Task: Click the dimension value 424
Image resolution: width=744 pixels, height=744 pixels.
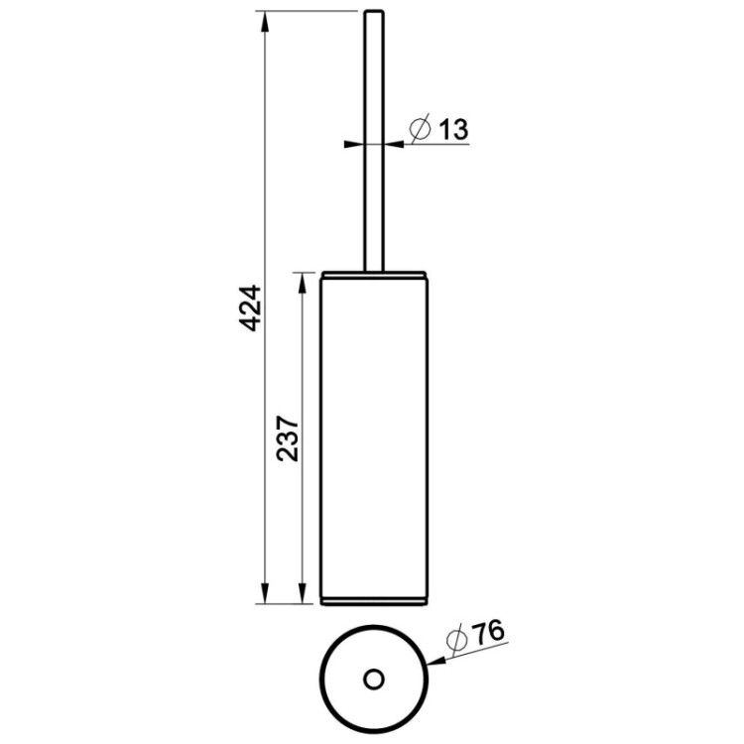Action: (x=250, y=308)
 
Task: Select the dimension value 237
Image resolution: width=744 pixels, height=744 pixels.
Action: (x=288, y=438)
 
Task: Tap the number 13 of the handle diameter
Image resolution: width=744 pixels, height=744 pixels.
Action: (x=452, y=129)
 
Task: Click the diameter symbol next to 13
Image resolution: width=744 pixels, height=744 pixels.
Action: (x=420, y=128)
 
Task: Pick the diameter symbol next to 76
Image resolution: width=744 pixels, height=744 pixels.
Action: (x=457, y=640)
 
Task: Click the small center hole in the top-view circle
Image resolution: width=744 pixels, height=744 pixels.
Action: (x=374, y=680)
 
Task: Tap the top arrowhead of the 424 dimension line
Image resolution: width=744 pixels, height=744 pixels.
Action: (x=265, y=22)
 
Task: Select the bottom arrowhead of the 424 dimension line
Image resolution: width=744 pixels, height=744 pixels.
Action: (x=265, y=592)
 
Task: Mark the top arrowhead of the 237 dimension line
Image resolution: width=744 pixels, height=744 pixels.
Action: (x=302, y=284)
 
